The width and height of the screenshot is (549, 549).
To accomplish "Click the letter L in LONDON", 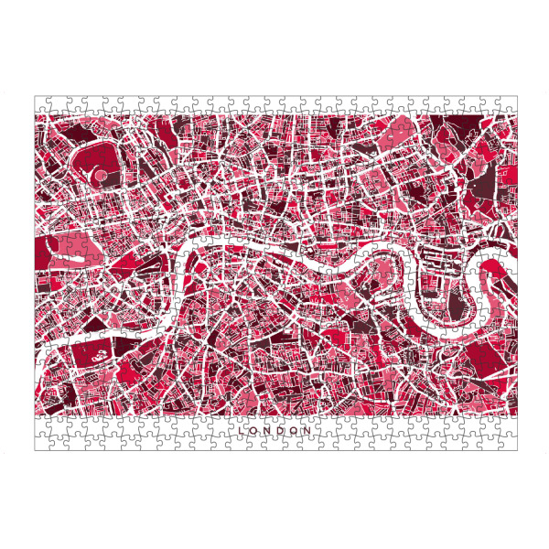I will click(241, 429).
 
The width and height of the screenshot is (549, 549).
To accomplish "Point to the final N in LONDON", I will click(308, 429).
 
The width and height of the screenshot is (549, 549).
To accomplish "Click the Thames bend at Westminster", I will click(193, 265).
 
